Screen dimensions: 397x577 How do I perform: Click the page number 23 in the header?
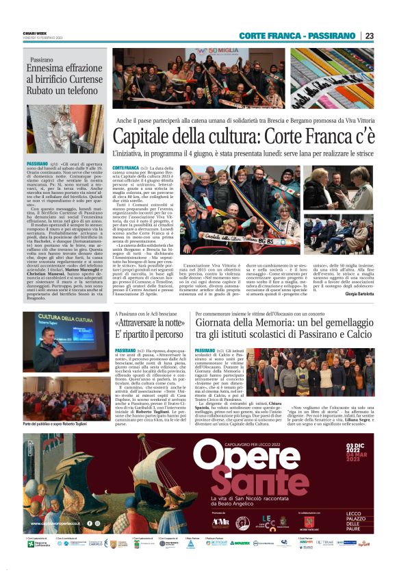coord(369,36)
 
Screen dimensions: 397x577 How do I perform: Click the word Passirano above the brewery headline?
coord(42,60)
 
